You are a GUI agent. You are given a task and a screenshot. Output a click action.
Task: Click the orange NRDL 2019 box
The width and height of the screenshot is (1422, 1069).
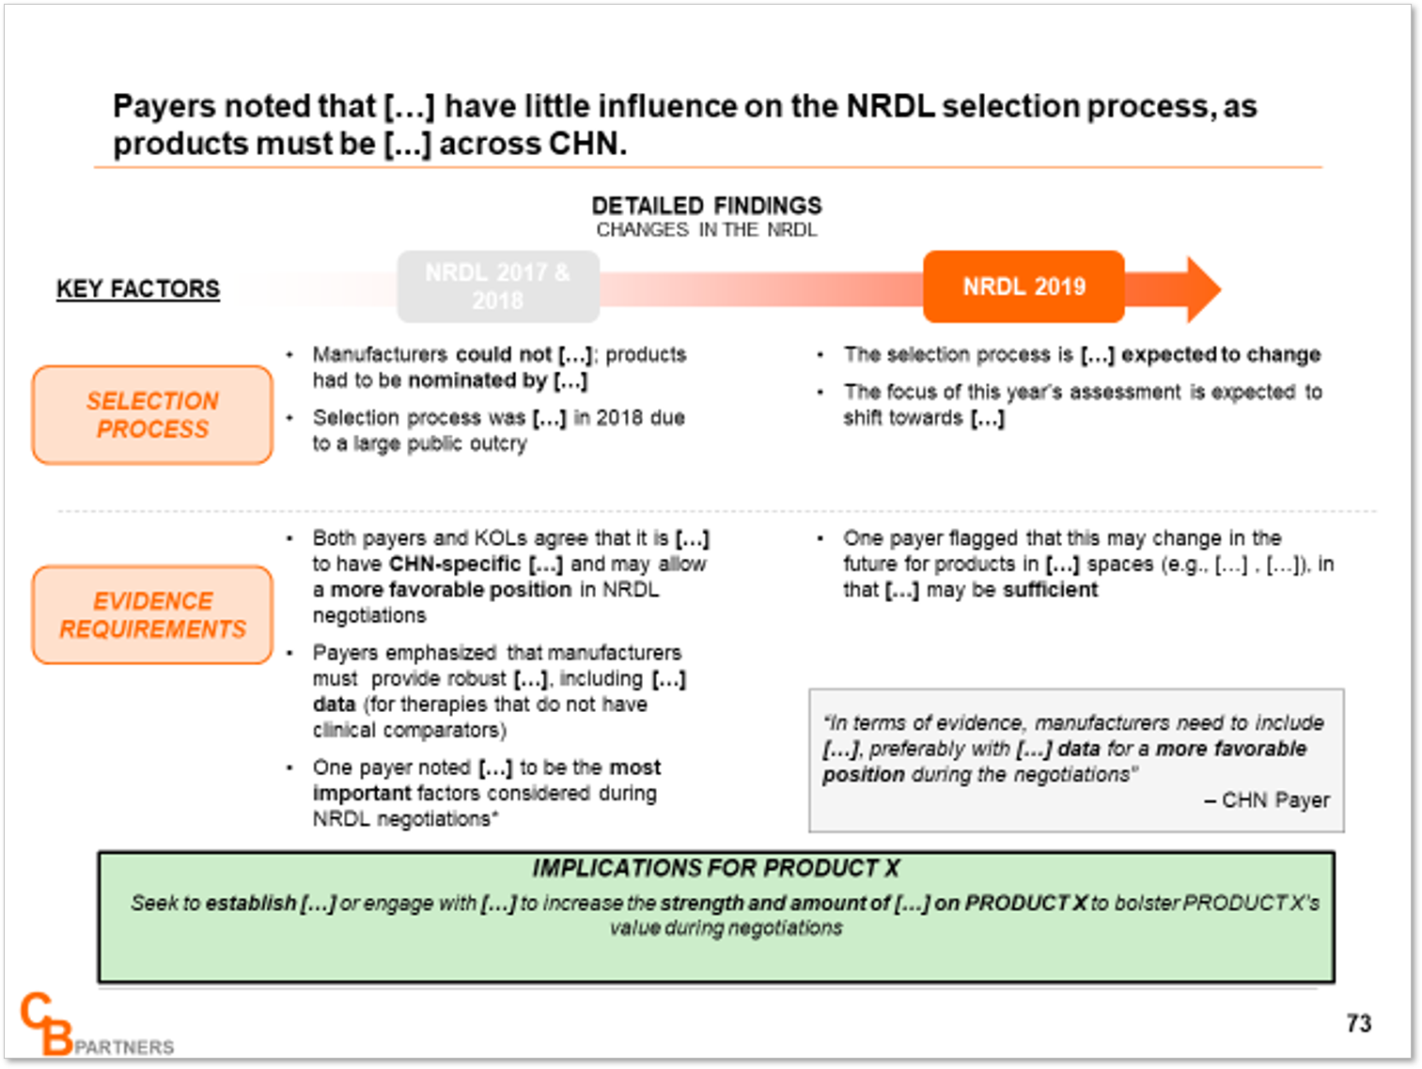[1024, 287]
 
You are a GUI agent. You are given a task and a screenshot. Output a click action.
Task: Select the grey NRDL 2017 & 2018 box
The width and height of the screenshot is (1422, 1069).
[498, 287]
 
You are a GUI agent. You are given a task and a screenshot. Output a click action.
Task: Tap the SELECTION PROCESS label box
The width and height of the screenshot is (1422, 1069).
[152, 415]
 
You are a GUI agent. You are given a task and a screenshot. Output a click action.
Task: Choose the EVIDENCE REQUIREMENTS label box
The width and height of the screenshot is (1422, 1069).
[152, 615]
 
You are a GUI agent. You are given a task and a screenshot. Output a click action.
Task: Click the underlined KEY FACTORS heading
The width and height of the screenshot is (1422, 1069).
[138, 288]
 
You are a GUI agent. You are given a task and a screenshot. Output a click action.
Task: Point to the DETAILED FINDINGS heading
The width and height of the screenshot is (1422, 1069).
[707, 206]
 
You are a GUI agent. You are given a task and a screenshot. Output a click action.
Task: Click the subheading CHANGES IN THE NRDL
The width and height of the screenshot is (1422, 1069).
[707, 230]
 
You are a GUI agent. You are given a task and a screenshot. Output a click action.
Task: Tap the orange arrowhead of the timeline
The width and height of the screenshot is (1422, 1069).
[1204, 289]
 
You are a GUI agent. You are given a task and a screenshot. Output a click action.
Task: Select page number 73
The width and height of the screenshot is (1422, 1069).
[1358, 1024]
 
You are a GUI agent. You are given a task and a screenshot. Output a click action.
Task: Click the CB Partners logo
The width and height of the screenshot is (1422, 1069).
[97, 1025]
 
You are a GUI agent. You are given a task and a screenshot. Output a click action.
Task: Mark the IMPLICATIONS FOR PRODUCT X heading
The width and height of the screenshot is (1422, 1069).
[716, 868]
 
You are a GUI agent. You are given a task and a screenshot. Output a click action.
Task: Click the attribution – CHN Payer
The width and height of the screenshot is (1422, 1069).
[1267, 800]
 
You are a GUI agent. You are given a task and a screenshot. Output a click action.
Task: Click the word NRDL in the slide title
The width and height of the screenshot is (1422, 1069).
[891, 106]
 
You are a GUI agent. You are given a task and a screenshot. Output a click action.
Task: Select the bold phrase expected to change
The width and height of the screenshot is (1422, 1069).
[1221, 355]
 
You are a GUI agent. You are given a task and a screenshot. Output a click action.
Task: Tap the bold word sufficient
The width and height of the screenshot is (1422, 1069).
[1050, 590]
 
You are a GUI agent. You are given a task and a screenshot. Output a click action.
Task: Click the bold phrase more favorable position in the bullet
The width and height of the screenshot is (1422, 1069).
[451, 591]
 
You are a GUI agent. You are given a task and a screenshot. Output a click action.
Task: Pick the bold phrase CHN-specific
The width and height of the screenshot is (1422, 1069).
[455, 565]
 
